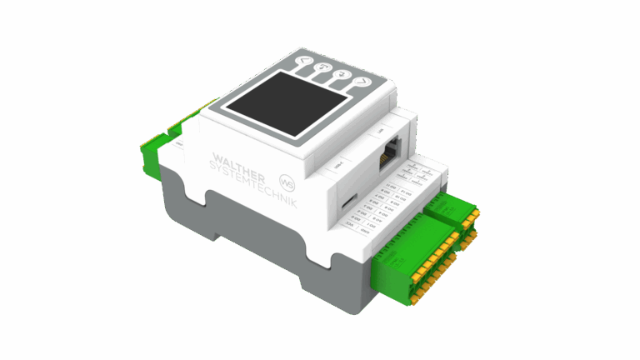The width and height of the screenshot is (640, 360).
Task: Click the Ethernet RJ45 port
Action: tap(389, 155)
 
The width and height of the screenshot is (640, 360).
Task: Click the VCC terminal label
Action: tap(351, 224)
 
